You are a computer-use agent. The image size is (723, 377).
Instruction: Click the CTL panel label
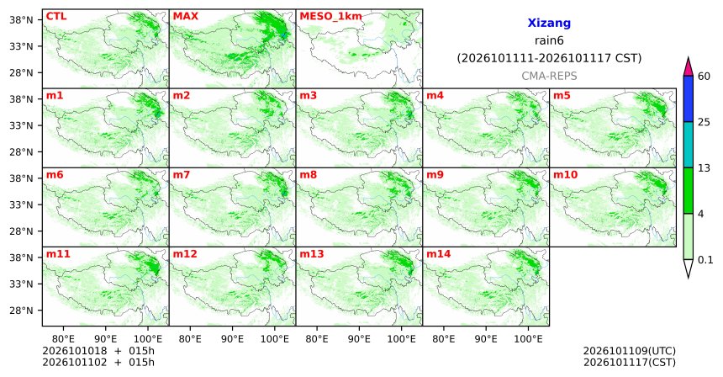pyautogui.click(x=56, y=17)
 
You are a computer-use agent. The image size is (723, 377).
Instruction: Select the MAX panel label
pyautogui.click(x=185, y=17)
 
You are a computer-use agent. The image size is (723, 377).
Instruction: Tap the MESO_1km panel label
pyautogui.click(x=330, y=17)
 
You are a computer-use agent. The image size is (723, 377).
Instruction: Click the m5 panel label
pyautogui.click(x=562, y=96)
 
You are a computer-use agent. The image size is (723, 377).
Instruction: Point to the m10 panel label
pyautogui.click(x=565, y=175)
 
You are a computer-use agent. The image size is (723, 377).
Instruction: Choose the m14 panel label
pyautogui.click(x=439, y=254)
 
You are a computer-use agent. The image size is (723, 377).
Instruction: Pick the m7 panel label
pyautogui.click(x=182, y=175)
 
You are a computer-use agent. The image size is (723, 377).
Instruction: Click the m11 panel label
pyautogui.click(x=58, y=254)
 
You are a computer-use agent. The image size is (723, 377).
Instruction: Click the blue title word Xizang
pyautogui.click(x=549, y=23)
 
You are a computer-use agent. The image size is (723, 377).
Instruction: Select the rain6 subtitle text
pyautogui.click(x=549, y=40)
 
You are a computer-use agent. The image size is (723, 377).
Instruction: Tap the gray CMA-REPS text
pyautogui.click(x=549, y=76)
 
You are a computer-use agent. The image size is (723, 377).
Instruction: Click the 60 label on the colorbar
pyautogui.click(x=704, y=76)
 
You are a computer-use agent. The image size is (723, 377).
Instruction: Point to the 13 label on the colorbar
pyautogui.click(x=704, y=168)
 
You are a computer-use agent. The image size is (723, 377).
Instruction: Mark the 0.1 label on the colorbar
pyautogui.click(x=705, y=260)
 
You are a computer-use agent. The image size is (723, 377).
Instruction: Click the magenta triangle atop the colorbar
pyautogui.click(x=689, y=67)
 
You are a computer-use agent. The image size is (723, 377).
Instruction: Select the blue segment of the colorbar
pyautogui.click(x=689, y=98)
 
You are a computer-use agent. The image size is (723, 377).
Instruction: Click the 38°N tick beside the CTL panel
pyautogui.click(x=21, y=20)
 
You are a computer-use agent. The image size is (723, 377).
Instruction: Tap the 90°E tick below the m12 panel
pyautogui.click(x=232, y=339)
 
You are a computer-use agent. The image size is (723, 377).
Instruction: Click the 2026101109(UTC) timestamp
pyautogui.click(x=630, y=352)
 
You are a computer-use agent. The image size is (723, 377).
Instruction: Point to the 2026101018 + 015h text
pyautogui.click(x=98, y=351)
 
